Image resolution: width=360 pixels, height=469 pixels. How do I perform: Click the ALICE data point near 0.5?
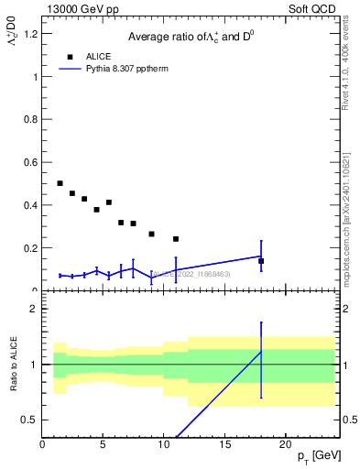click(60, 183)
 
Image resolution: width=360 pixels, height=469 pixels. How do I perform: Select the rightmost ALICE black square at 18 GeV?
click(261, 261)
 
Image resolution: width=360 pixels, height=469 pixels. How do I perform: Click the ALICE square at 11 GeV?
click(176, 239)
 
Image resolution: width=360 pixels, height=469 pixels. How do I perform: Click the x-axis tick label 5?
click(103, 445)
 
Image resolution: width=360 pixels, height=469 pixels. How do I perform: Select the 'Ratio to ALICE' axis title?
click(14, 365)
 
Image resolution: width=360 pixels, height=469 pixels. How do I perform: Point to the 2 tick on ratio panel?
click(34, 309)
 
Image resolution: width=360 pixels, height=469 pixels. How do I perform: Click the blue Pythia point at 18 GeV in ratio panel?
click(261, 352)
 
